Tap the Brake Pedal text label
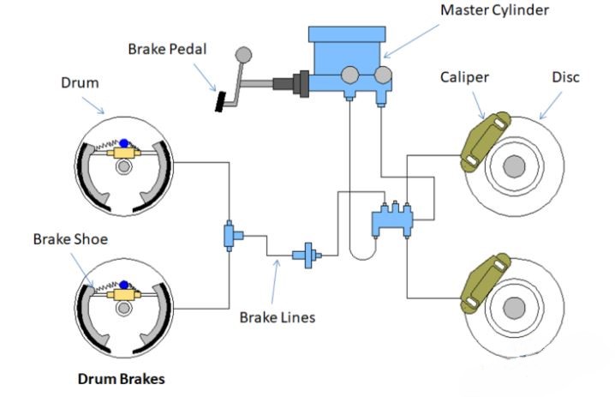[169, 50]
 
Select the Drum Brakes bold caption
[121, 378]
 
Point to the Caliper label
[464, 77]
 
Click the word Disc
[565, 77]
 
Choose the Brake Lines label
[278, 316]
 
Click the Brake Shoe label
[70, 239]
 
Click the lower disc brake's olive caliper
[485, 282]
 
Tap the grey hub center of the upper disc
[514, 165]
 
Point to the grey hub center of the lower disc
[514, 306]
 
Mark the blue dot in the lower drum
[124, 284]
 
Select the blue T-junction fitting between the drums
[231, 234]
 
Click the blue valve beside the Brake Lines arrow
[306, 255]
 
